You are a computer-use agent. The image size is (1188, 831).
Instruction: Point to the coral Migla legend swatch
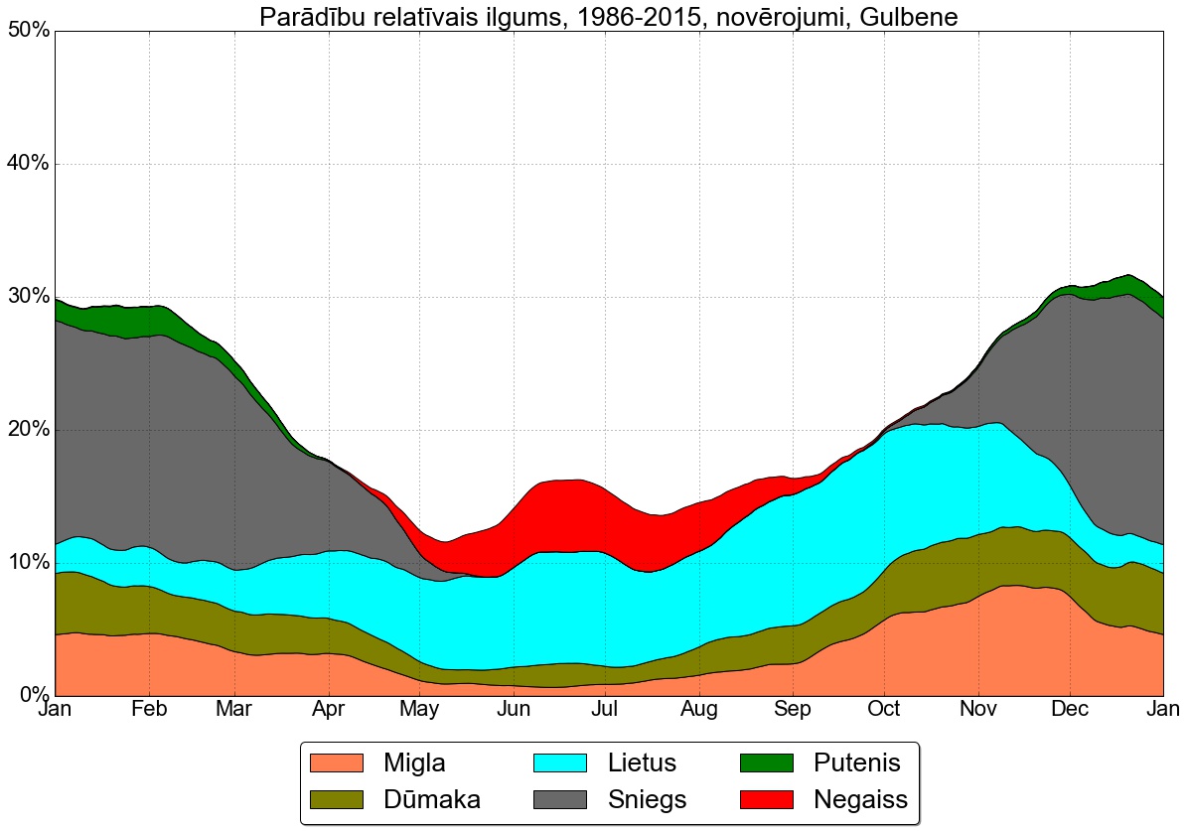(x=338, y=762)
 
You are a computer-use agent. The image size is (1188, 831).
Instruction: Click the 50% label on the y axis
(x=28, y=31)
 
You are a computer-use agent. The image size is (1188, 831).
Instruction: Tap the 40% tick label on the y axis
(x=28, y=164)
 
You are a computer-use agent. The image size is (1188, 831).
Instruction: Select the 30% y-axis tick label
(x=28, y=297)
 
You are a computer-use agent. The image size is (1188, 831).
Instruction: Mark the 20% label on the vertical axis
(x=28, y=430)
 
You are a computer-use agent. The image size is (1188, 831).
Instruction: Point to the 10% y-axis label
(x=28, y=563)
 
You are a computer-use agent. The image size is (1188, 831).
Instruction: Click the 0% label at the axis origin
(x=33, y=695)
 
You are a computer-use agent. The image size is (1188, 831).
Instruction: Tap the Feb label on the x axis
(x=149, y=709)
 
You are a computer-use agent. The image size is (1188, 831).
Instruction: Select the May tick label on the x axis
(x=420, y=709)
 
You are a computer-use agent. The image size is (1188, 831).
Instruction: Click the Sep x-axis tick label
(x=792, y=709)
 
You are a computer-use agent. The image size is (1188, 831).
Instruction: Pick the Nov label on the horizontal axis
(x=978, y=709)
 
